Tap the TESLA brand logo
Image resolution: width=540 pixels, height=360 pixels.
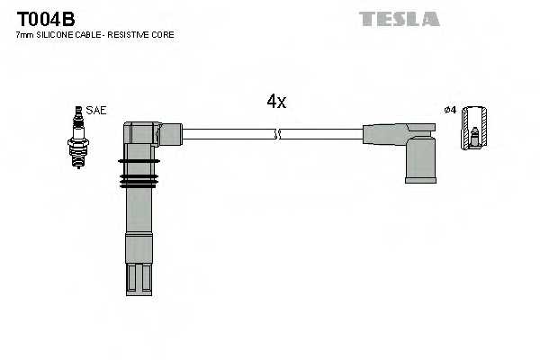[399, 18]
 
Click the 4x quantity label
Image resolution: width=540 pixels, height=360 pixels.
[276, 102]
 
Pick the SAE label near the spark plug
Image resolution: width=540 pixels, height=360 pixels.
[97, 110]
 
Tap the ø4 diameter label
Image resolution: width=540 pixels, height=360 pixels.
[451, 110]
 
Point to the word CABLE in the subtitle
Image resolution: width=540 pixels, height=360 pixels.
[92, 34]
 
